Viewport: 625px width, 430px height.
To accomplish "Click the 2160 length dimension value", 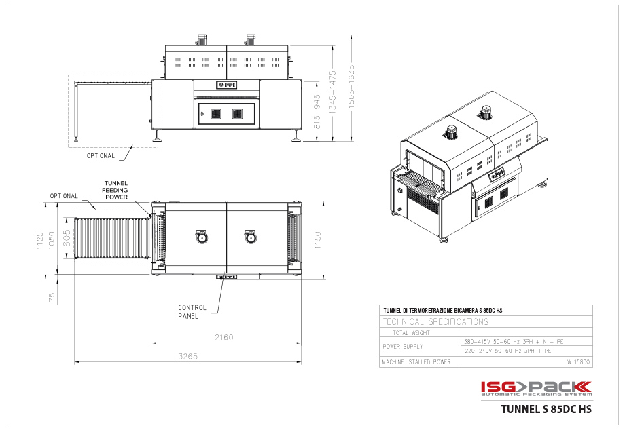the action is pos(224,337).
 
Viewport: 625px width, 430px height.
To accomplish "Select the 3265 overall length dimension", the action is pos(187,356).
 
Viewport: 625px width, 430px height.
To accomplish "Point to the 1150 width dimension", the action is pos(318,240).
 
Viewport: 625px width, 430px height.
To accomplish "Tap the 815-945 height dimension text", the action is pos(317,111).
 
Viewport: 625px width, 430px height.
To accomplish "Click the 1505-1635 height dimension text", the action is pos(351,87).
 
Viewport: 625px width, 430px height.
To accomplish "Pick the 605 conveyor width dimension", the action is pos(67,238).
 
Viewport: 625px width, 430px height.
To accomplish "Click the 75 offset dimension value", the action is pos(52,297).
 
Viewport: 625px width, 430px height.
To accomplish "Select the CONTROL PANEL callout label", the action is pos(192,312).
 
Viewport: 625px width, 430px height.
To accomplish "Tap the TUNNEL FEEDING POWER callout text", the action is pos(115,190).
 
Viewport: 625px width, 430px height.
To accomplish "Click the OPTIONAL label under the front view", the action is pos(101,155).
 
